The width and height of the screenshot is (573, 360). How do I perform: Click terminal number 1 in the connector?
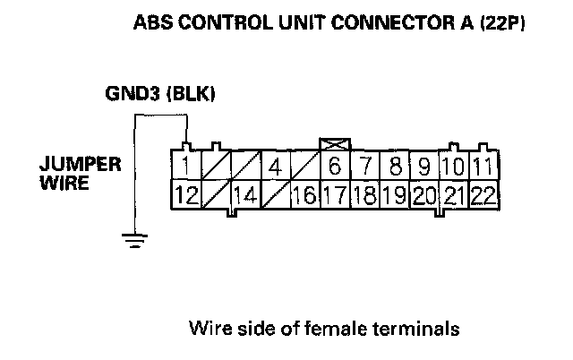[x=184, y=167]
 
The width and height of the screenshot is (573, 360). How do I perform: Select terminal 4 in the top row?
[x=275, y=167]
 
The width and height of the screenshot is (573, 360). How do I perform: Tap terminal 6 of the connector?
[x=334, y=167]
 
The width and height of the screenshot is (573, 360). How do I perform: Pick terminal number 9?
[x=423, y=167]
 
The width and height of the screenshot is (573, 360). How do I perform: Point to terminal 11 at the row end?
[x=483, y=167]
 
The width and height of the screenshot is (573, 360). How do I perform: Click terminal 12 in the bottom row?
[x=186, y=195]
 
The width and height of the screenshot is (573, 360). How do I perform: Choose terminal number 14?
[x=245, y=195]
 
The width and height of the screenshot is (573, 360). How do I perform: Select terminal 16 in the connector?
[x=304, y=195]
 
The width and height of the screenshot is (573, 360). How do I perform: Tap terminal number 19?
[x=394, y=195]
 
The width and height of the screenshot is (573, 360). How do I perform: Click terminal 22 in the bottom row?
[x=483, y=195]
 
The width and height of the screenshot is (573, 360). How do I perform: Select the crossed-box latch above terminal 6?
[x=334, y=144]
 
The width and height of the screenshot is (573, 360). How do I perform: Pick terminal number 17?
[x=334, y=195]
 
